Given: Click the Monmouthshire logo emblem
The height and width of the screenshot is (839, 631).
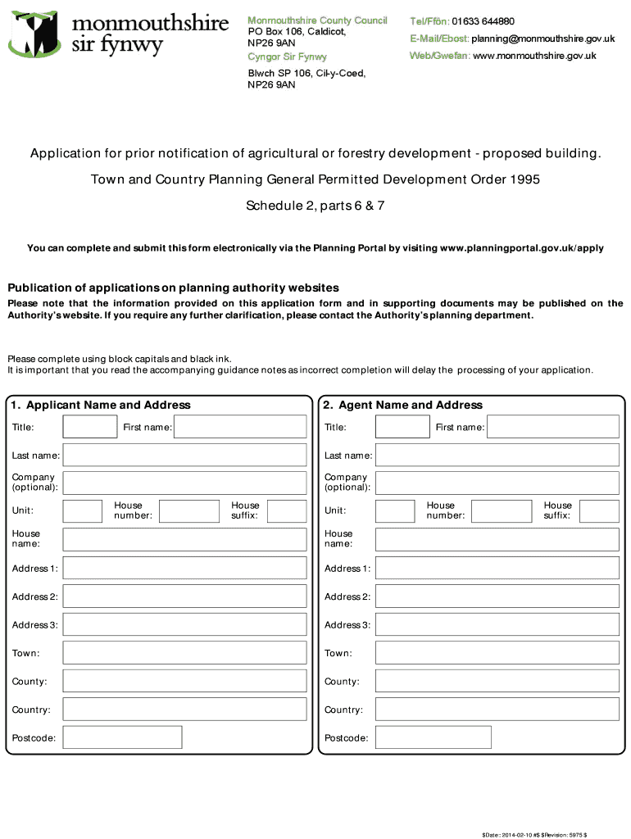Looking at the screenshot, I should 33,34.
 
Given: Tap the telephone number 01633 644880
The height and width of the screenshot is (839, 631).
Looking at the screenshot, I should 483,21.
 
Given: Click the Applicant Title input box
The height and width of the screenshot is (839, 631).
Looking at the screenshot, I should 90,427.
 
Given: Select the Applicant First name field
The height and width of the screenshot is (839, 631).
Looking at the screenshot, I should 240,427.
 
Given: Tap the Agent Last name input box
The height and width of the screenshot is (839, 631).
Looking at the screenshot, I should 497,455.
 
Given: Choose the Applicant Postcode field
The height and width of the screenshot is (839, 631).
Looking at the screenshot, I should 122,737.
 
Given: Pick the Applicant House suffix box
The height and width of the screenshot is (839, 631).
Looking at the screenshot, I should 287,511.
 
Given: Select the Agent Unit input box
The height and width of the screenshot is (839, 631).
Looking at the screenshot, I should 395,511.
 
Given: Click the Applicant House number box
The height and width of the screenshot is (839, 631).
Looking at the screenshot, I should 188,511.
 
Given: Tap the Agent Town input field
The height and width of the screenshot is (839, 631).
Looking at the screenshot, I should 497,653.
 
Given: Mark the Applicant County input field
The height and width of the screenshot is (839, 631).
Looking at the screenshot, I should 184,681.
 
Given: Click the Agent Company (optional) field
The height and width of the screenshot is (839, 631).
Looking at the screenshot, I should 497,483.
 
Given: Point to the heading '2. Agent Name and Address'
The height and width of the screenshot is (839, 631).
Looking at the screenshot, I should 402,405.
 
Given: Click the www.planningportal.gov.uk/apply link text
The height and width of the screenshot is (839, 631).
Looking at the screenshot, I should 522,247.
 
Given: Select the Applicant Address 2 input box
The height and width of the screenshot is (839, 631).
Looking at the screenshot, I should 184,596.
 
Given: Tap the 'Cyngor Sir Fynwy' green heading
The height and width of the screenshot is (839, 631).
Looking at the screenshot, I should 287,57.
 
